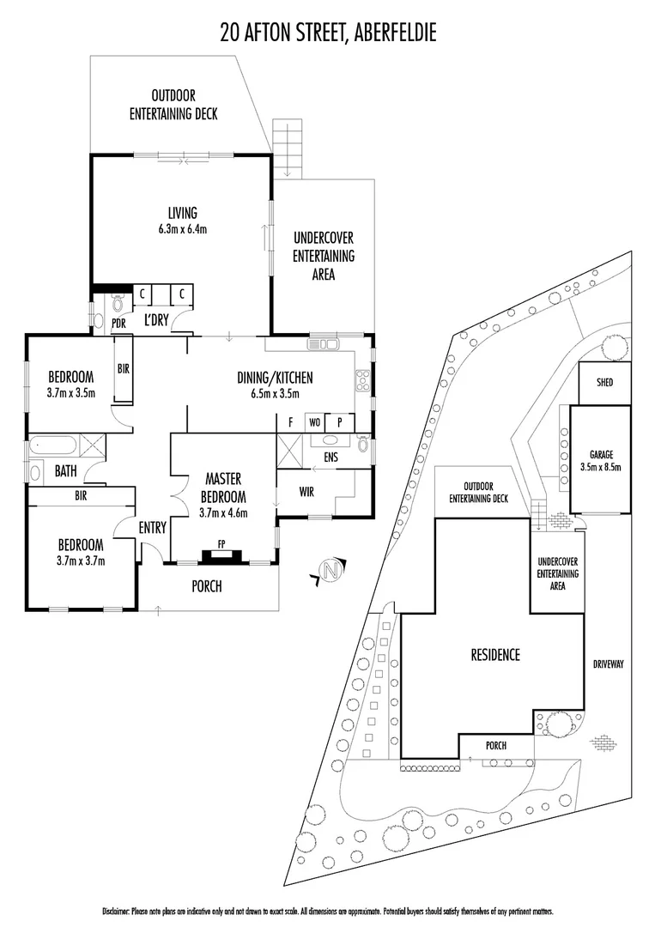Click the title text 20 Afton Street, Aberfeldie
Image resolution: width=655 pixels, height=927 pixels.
(x=327, y=33)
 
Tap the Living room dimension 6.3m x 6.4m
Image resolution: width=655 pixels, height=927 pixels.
(x=182, y=229)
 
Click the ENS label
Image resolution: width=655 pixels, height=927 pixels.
(x=331, y=457)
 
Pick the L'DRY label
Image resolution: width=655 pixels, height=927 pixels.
(x=155, y=321)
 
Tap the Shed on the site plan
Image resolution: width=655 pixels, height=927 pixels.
(x=598, y=382)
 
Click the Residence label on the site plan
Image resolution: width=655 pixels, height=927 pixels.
(x=495, y=655)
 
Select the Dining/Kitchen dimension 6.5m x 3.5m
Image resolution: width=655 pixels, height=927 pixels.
(x=275, y=393)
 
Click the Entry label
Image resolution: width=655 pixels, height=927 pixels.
(x=152, y=529)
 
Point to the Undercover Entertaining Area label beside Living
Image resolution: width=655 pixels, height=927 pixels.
(x=323, y=256)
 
